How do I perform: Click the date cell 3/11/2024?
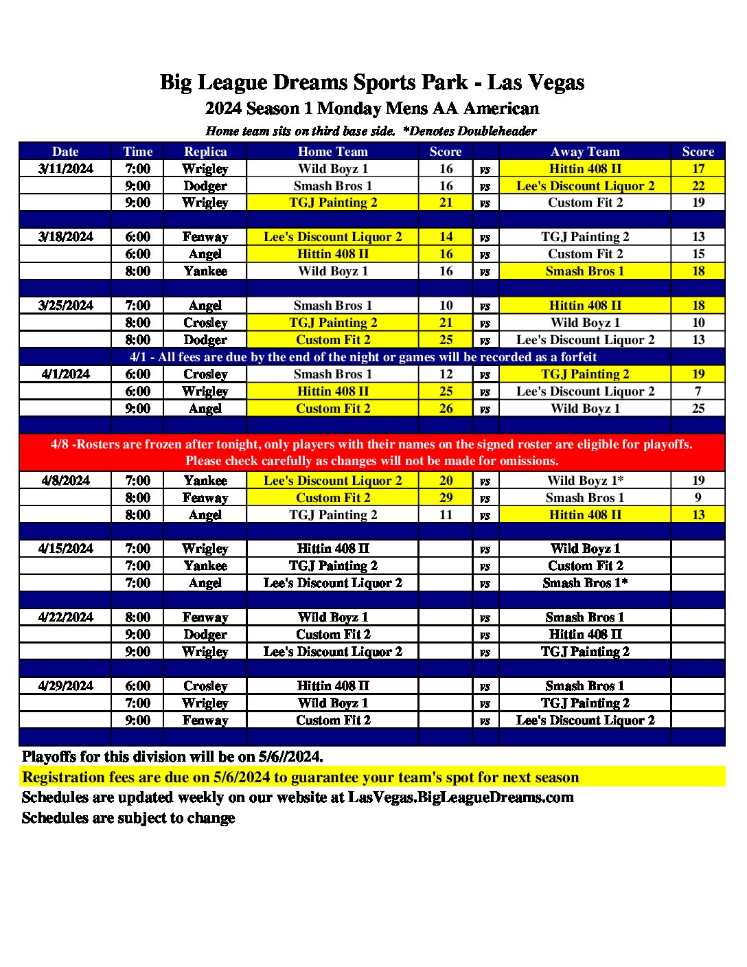click(x=65, y=169)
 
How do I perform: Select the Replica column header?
click(x=205, y=152)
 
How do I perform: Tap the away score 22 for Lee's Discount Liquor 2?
click(x=698, y=186)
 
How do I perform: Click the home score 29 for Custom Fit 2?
click(x=446, y=498)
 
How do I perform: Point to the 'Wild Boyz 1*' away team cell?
click(x=585, y=481)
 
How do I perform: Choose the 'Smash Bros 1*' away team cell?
click(x=585, y=583)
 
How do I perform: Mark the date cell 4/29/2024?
click(x=65, y=686)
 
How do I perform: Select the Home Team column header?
click(x=333, y=152)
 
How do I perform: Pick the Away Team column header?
click(x=585, y=152)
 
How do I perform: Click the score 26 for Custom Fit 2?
click(x=446, y=409)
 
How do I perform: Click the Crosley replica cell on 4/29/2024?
click(x=205, y=686)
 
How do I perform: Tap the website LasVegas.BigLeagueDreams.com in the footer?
click(x=461, y=797)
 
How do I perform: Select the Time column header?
click(x=137, y=152)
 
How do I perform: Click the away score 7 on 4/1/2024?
click(x=698, y=391)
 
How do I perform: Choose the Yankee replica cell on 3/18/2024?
click(x=205, y=271)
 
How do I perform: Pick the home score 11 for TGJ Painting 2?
click(x=446, y=515)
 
